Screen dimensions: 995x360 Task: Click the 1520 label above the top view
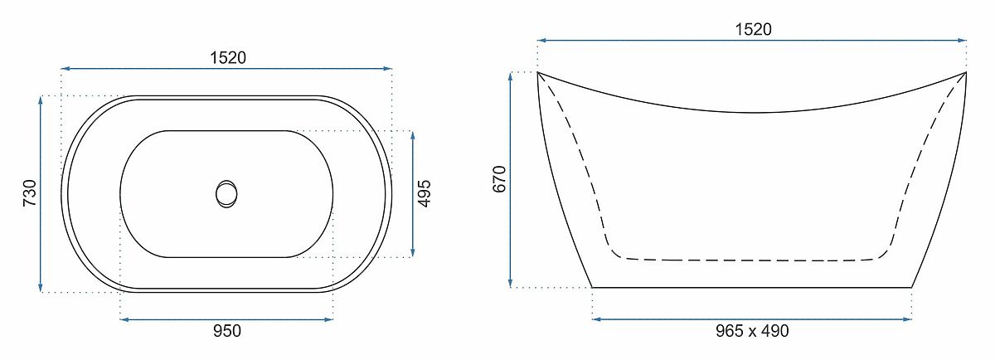tap(228, 58)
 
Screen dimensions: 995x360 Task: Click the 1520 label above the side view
tap(754, 29)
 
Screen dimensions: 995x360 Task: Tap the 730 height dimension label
tap(30, 193)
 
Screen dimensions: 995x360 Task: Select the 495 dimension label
tap(425, 194)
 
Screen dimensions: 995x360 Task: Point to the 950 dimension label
tap(227, 331)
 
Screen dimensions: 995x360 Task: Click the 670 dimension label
tap(499, 179)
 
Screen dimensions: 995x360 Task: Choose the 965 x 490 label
tap(753, 331)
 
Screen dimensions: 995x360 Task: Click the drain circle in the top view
tap(226, 194)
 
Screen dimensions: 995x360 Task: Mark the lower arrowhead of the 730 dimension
tap(41, 287)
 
